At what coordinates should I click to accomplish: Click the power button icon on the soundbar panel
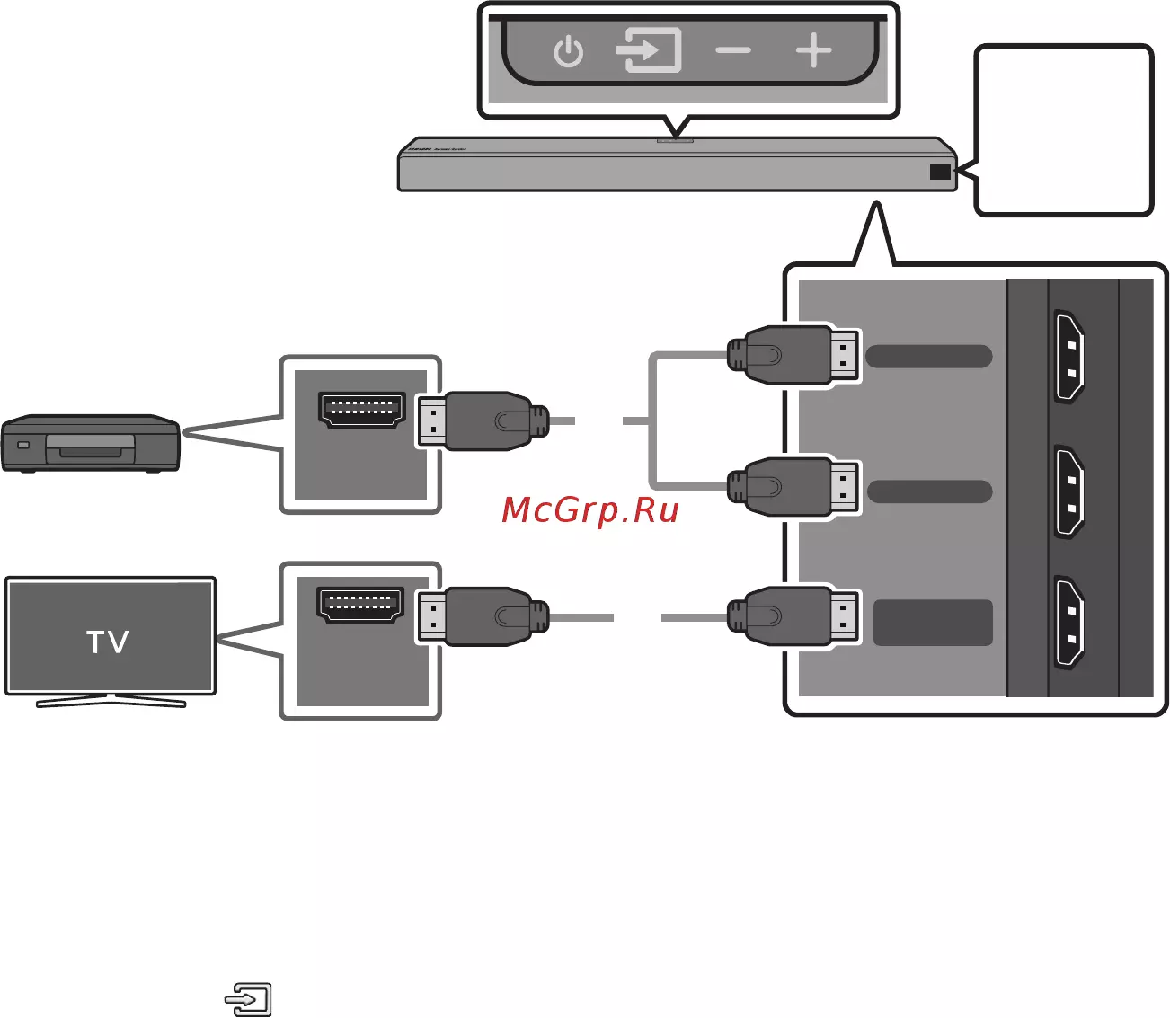tap(568, 52)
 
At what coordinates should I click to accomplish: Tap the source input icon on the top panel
tap(648, 50)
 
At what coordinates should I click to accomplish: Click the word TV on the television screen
tap(108, 642)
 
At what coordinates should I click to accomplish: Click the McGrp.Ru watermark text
tap(590, 510)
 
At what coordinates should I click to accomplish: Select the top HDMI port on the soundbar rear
tap(1068, 356)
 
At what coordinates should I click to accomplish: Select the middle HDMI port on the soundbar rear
tap(1068, 491)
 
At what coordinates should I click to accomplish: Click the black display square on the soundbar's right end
tap(940, 171)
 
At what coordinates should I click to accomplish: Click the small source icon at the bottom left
tap(249, 998)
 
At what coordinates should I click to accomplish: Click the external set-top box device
tap(90, 443)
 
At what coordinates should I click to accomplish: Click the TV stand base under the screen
tap(111, 701)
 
